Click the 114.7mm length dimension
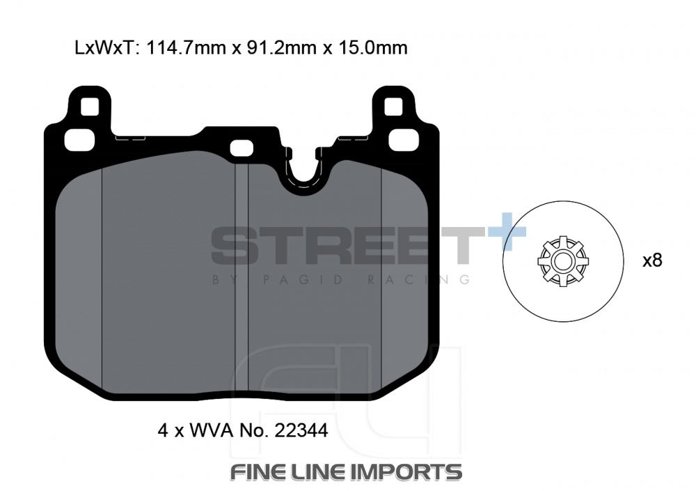click(186, 47)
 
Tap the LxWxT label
click(104, 47)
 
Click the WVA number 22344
click(301, 430)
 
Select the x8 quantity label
click(652, 261)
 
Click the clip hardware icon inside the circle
click(563, 262)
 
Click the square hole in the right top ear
click(393, 107)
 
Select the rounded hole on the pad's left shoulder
click(80, 139)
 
